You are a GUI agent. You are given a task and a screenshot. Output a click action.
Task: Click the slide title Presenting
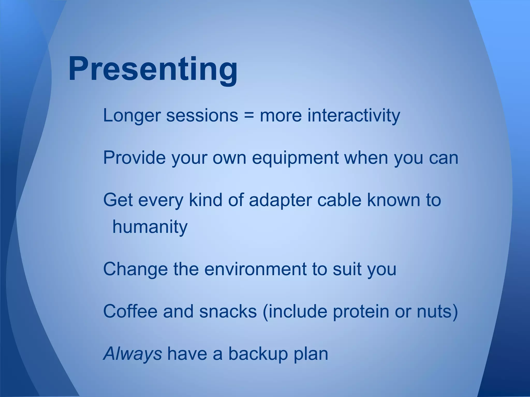[x=153, y=69]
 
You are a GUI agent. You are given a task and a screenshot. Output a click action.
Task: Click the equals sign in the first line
[x=249, y=116]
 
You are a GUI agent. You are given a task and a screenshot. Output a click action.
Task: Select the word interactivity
[x=354, y=116]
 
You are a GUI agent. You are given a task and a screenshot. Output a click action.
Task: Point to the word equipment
[x=295, y=158]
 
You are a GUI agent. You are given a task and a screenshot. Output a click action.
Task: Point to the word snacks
[x=228, y=311]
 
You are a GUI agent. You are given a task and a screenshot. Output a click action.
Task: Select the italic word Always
[x=132, y=354]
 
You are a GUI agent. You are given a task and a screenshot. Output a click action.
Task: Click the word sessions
[x=202, y=116]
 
